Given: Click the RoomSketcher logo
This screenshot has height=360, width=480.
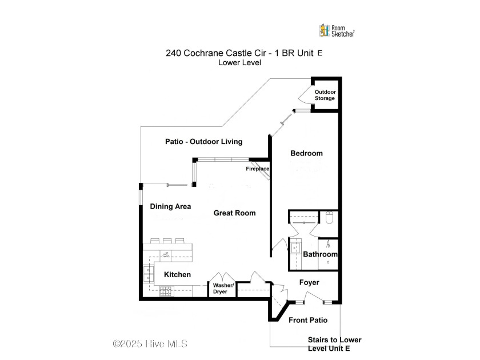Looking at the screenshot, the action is click(337, 31).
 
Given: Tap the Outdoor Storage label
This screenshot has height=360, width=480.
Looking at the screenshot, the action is click(325, 95).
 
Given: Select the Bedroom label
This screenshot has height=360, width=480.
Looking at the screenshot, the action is click(306, 153).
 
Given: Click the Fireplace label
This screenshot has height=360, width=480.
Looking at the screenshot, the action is click(258, 169).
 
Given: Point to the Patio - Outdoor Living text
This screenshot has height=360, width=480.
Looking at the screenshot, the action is click(203, 142).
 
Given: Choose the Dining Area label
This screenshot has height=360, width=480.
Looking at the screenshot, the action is click(170, 207).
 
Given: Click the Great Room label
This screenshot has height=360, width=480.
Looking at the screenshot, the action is click(234, 213).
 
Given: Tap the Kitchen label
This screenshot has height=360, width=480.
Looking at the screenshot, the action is click(177, 275).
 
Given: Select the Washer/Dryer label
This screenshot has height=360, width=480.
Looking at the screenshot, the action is click(223, 289).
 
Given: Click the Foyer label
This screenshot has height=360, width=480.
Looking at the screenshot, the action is click(309, 282).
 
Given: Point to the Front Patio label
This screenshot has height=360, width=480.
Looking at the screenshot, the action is click(308, 320).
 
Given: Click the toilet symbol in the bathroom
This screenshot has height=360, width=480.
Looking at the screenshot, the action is click(329, 217).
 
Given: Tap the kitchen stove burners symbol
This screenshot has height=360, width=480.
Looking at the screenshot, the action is click(166, 291).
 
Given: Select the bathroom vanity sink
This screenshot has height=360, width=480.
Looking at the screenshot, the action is click(296, 248).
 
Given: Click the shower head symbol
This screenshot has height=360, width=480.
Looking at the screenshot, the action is click(328, 244).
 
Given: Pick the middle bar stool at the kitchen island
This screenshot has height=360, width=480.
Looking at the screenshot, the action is click(167, 241).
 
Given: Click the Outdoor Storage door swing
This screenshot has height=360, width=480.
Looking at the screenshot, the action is click(305, 94).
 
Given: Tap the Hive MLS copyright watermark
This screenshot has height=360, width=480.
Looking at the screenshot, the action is click(150, 344).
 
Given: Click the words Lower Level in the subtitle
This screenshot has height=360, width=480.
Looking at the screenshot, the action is click(239, 63).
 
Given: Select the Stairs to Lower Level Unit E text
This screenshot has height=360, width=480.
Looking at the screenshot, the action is click(335, 344).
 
